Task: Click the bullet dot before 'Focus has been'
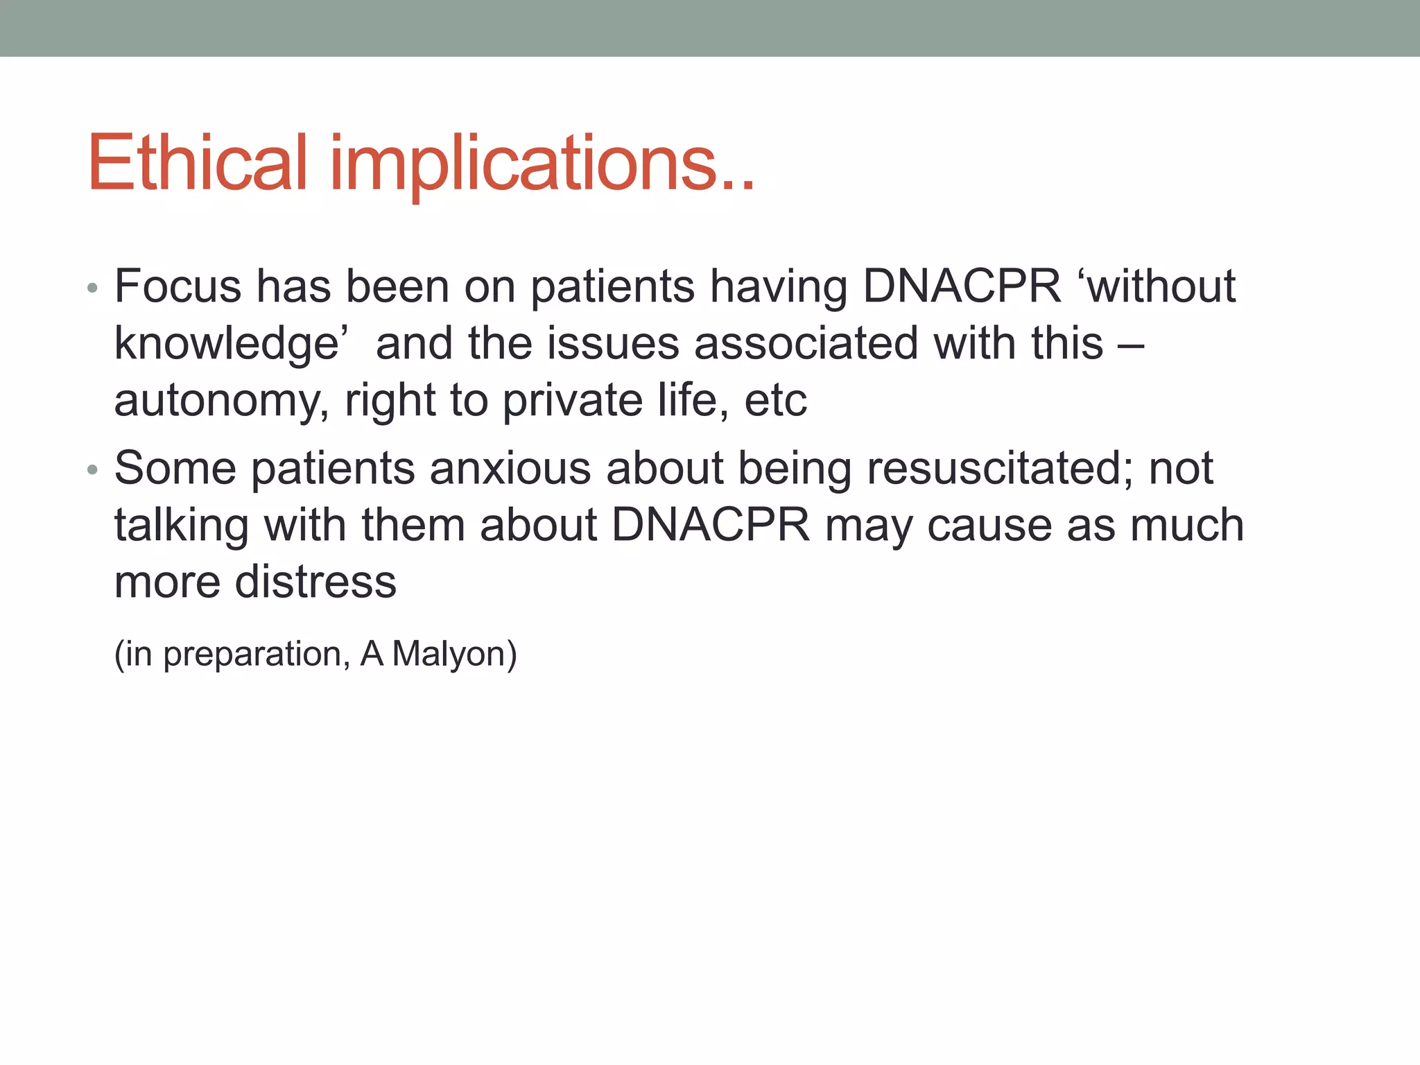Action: [93, 288]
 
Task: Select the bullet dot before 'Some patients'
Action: [93, 470]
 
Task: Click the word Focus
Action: [178, 286]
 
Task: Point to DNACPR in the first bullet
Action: [962, 286]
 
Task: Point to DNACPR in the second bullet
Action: [711, 525]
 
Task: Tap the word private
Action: [573, 401]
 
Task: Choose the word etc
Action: [775, 401]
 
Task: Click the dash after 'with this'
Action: [1131, 345]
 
